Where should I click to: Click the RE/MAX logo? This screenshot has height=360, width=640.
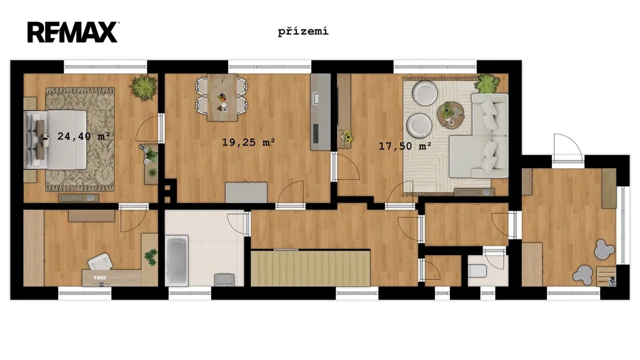coord(73,32)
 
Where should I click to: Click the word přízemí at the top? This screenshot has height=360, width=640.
coord(303,31)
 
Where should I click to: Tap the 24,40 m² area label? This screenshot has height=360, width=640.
coord(84,136)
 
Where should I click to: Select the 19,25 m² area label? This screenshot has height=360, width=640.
coord(248,142)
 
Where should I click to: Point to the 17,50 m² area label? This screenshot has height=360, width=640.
coord(405,146)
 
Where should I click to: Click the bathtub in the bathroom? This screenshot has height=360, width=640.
coord(177,261)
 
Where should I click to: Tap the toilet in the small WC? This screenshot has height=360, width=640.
coord(477,270)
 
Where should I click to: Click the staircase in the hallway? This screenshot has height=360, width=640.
coord(310,268)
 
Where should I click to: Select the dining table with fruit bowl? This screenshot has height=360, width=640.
coord(222,97)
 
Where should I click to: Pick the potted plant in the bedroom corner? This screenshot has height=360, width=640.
coord(143,87)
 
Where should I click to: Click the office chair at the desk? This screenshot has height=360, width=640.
coord(101,262)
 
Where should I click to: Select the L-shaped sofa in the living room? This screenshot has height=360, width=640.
coord(479,136)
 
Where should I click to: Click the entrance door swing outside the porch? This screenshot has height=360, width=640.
coord(567,146)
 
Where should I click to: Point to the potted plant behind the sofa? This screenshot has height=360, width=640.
coord(487,83)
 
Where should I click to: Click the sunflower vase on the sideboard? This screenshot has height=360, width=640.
coord(347,137)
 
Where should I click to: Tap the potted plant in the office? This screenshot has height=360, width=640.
coord(150,257)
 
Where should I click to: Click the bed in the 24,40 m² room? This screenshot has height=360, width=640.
coord(56,139)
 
